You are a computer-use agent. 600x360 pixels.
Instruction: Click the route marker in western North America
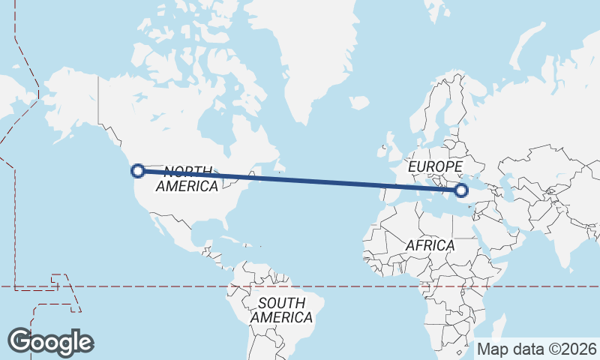pos(138,171)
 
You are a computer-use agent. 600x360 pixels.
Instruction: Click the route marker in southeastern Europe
pos(461,190)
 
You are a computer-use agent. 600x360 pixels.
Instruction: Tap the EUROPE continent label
pos(436,166)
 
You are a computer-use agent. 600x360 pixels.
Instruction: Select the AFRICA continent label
pos(430,245)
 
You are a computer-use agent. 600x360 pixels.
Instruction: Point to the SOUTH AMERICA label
pos(281,310)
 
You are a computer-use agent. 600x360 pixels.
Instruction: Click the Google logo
pos(50,342)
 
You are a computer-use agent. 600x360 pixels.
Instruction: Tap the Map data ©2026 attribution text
pos(537,349)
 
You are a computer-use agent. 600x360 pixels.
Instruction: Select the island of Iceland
pos(359,103)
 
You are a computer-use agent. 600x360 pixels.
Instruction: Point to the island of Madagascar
pos(496,331)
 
